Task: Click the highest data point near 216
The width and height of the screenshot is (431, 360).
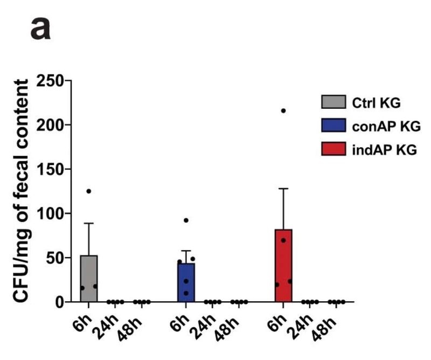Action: [x=283, y=110]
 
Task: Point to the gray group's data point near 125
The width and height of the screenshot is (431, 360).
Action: [x=89, y=191]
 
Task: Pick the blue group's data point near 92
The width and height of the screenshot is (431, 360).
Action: [x=186, y=220]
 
